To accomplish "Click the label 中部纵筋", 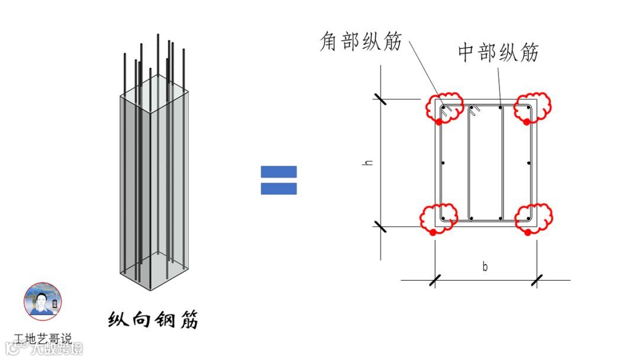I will coord(498,53).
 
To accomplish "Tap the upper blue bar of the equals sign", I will coord(279,172).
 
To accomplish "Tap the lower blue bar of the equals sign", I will coord(279,189).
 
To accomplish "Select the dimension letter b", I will coord(485,266).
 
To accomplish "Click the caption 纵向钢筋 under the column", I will coord(153,320).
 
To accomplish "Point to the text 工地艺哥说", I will coord(43,339).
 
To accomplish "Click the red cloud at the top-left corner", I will coord(443,107).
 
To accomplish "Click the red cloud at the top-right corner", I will coord(531,107).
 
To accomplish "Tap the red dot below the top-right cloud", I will coord(526,122).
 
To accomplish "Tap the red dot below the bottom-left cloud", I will coord(433,233).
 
